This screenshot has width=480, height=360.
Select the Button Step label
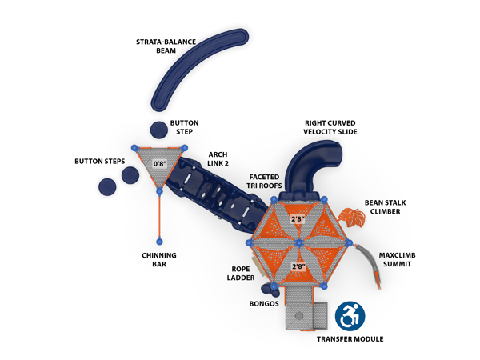point(184,127)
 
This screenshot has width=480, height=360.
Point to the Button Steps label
point(99,161)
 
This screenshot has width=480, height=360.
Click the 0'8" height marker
point(161,163)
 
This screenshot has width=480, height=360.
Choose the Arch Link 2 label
point(218,158)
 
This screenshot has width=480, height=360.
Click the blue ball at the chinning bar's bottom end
point(159,241)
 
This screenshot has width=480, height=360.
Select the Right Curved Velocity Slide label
point(330,127)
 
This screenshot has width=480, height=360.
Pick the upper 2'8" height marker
point(298,218)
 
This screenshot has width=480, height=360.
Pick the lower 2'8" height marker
point(298,266)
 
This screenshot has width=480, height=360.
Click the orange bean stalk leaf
point(350,216)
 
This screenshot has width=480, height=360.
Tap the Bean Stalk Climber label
point(386,207)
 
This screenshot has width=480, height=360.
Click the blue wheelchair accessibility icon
point(349,316)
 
